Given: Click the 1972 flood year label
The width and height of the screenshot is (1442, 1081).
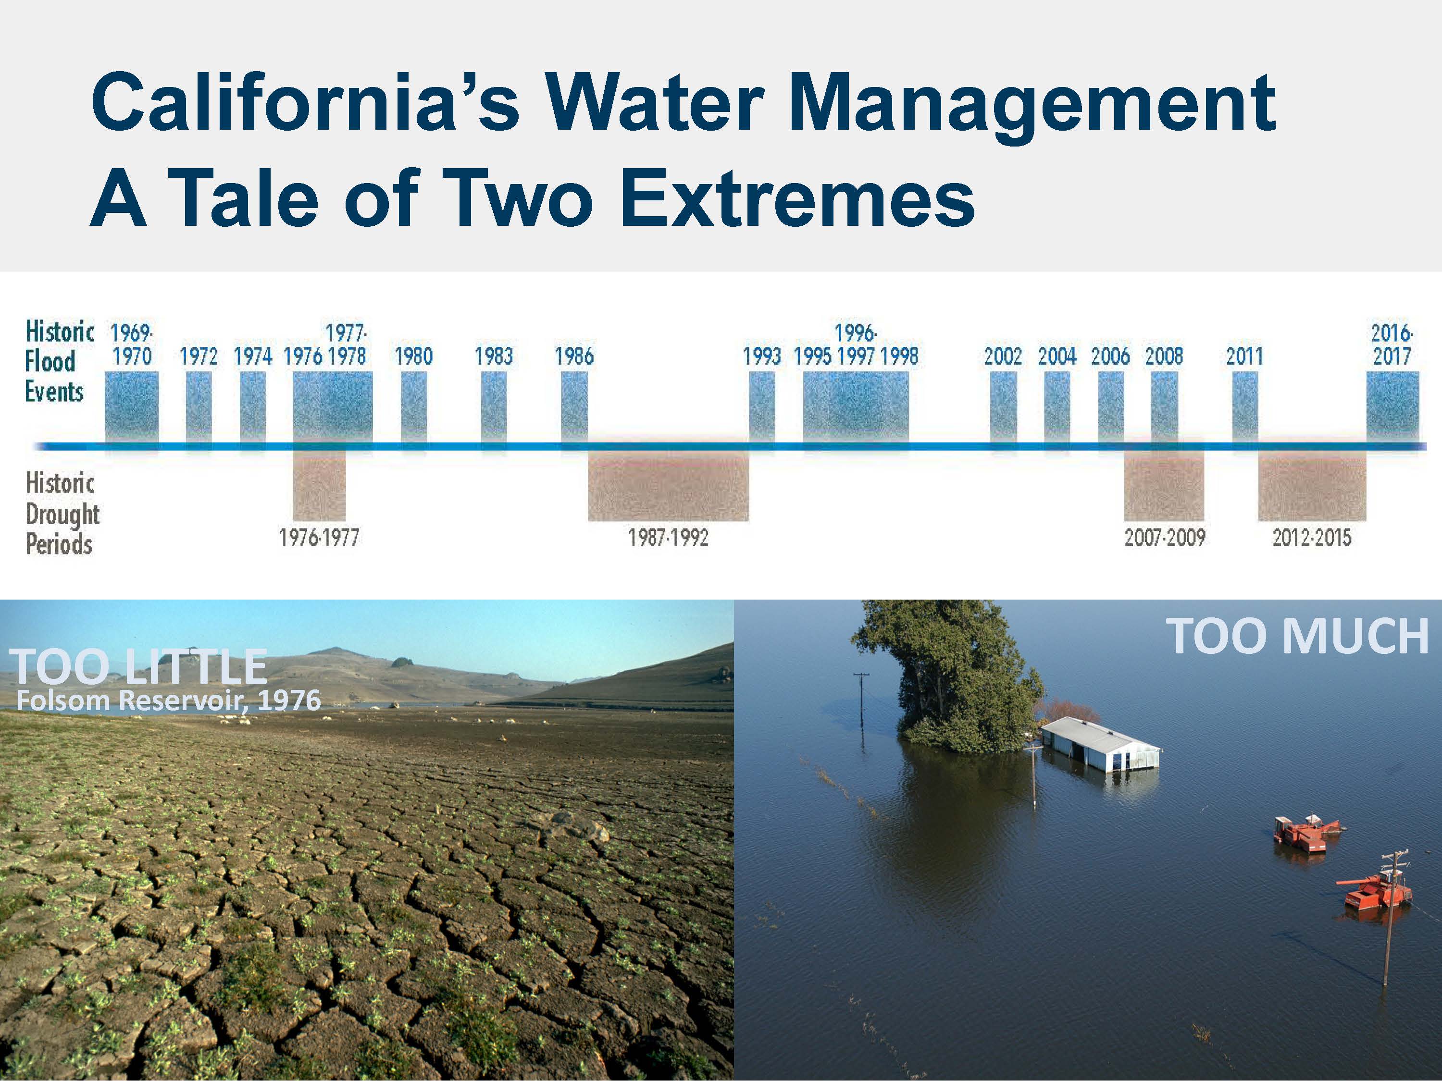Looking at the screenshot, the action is click(199, 356).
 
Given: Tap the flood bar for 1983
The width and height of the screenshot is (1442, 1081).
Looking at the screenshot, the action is click(494, 409).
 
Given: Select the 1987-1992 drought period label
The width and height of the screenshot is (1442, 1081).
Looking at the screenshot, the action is click(668, 538).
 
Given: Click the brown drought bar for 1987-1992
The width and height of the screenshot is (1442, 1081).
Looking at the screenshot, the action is click(668, 485).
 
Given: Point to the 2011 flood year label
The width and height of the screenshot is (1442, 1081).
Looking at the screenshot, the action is click(1244, 356).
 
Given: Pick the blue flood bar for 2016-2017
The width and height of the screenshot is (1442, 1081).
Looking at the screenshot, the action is click(1392, 409).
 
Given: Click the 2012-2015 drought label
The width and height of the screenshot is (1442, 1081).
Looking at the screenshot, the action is click(1312, 538).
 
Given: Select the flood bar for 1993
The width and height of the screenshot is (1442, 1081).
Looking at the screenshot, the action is click(762, 409).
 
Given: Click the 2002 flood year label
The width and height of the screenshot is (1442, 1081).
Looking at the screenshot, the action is click(1003, 356).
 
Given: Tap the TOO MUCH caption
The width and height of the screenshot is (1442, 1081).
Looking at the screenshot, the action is click(1297, 636).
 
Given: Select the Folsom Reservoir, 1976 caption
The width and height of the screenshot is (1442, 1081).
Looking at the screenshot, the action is click(169, 700).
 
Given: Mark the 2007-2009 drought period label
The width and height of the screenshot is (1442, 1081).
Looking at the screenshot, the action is click(1164, 538).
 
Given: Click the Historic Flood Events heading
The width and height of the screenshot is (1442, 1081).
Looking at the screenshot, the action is click(59, 362).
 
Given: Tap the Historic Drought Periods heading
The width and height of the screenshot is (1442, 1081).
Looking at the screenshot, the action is click(62, 514).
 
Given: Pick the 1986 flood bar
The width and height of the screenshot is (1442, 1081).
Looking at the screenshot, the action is click(574, 409).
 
